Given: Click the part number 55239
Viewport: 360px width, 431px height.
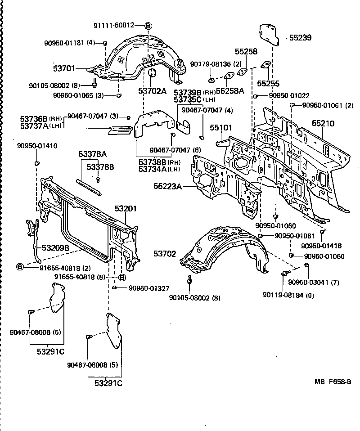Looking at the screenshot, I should (300, 38).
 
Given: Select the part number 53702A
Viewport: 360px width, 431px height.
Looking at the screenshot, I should (152, 91).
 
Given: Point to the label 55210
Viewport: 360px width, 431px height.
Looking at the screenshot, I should (323, 123).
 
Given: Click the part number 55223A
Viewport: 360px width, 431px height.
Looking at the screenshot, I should (167, 185).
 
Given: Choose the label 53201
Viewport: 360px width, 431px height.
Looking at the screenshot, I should (125, 209).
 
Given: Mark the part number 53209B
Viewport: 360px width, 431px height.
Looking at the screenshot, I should (55, 247).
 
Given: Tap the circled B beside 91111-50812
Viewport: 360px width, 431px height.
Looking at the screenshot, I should (149, 26).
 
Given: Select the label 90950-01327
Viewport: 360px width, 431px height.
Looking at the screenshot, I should (142, 288).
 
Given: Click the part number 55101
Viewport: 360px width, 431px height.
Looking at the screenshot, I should (220, 128).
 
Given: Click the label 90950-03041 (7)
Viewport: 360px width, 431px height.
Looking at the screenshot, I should (314, 283).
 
